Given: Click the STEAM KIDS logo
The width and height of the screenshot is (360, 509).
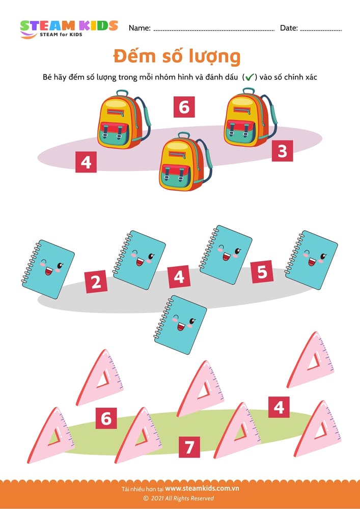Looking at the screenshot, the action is tap(69, 29).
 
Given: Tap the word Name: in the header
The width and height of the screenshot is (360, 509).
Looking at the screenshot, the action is tap(140, 28).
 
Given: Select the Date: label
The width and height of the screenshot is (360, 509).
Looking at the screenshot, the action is tap(289, 28).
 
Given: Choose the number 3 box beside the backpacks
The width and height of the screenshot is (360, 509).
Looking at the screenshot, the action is tap(283, 151).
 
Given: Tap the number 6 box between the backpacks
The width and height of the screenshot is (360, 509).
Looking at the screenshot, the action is tap(184, 107).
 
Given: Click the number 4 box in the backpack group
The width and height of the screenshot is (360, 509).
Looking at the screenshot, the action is tap(86, 162).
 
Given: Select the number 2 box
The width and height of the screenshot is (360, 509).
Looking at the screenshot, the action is tap(96, 282).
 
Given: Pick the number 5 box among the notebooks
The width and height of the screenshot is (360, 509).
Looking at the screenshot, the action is tap(262, 272).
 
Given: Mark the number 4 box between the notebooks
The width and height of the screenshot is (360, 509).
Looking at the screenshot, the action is tap(179, 277).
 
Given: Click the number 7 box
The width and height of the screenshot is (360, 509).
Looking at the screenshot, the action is tap(189, 447).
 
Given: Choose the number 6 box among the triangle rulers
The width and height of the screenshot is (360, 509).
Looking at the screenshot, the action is tap(106, 418).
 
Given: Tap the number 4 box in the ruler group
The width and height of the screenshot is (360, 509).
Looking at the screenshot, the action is tap(279, 407).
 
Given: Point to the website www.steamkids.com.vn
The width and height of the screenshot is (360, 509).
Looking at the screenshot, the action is tap(202, 488).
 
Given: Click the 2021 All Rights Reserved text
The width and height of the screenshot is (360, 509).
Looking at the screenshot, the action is tap(179, 498).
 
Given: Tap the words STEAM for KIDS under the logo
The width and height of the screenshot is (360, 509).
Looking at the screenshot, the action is tap(61, 35).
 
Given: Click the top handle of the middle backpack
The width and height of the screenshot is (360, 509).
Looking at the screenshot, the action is tap(184, 135).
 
